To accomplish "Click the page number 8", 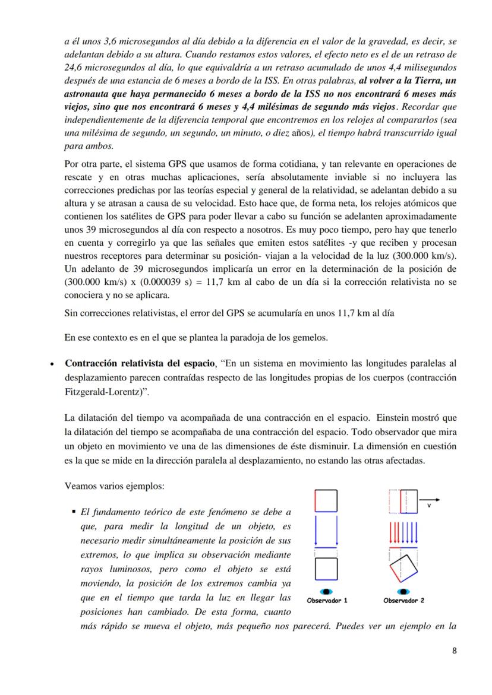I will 454,650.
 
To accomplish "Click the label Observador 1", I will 327,600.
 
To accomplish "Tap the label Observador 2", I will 403,600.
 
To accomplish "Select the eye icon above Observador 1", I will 326,591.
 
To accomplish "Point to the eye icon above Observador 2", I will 403,591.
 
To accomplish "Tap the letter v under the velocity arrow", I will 429,506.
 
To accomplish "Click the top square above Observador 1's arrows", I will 326,500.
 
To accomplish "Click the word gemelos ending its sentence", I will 308,338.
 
